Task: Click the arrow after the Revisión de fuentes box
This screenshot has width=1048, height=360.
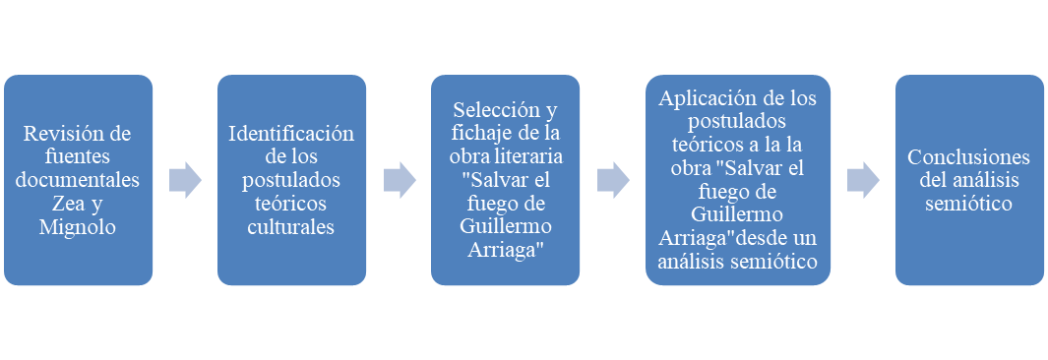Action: tap(185, 180)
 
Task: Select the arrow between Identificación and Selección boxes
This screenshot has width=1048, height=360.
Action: tap(400, 180)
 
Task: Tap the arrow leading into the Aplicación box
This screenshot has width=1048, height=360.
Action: tap(613, 180)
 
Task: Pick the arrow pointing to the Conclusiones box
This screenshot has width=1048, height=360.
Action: tap(863, 180)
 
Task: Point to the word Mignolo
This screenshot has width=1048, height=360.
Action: tap(78, 227)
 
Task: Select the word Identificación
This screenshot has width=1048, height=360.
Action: tap(291, 134)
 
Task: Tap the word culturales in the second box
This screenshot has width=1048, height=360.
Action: tap(291, 227)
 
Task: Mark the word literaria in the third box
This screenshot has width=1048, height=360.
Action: tap(529, 157)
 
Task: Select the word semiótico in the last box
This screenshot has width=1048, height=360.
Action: tap(968, 204)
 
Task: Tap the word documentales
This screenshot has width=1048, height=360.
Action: tap(78, 180)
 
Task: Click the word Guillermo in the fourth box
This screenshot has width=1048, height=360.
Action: tap(737, 215)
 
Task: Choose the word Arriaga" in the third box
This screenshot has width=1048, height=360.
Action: tap(505, 251)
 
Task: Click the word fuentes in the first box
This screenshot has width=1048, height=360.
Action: tap(78, 157)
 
